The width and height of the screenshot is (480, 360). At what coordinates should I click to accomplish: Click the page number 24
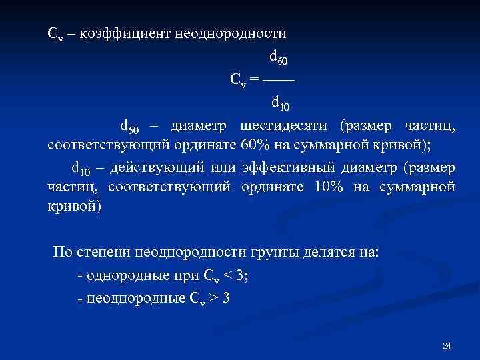pos(447,345)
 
